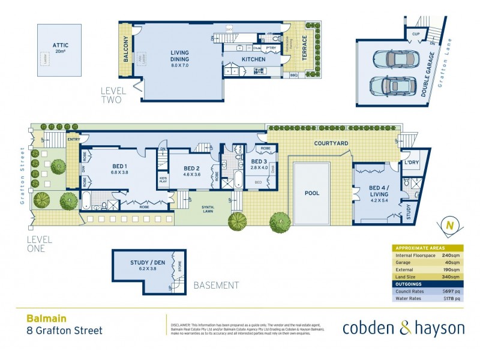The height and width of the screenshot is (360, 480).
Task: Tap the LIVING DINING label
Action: point(179,56)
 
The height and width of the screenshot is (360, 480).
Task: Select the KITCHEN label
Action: point(253,60)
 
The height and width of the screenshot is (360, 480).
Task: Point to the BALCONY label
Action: point(127,50)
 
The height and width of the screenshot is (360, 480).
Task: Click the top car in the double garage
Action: point(394,59)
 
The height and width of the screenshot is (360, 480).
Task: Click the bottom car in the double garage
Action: point(390,86)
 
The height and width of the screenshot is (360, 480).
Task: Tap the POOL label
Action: point(312,194)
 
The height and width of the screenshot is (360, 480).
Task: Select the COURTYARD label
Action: point(332,144)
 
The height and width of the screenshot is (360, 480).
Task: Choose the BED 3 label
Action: point(259,162)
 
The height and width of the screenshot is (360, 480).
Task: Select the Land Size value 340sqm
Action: point(452,277)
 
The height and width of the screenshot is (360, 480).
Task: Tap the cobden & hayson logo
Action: point(403,328)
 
